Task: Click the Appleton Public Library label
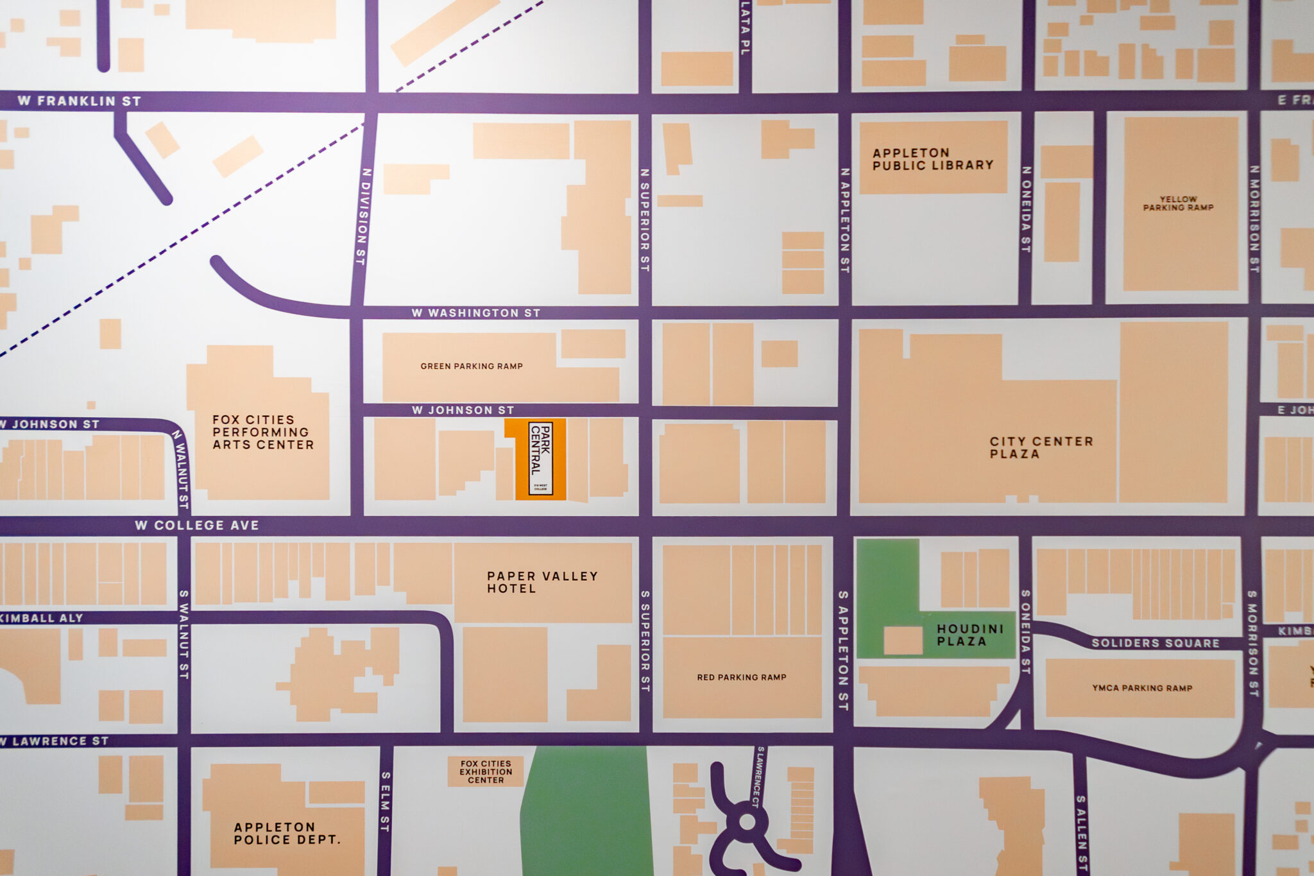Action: pos(932,159)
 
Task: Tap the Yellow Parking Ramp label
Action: pos(1178,203)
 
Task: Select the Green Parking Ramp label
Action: pos(472,366)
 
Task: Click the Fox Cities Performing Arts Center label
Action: pos(263,432)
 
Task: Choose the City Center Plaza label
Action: pos(1041,447)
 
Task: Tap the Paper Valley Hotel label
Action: pos(542,582)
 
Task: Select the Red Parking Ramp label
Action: pos(742,677)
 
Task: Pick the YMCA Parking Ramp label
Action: pos(1142,688)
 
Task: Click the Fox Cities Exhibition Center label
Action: pos(486,772)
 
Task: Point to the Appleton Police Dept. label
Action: pos(287,833)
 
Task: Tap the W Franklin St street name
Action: pos(79,101)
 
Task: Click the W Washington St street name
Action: pos(475,313)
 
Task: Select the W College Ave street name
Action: pos(197,525)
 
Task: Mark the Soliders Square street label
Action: pos(1155,643)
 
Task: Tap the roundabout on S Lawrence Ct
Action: pos(747,821)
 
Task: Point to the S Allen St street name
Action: pos(1082,832)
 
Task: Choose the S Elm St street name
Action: pos(385,802)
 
